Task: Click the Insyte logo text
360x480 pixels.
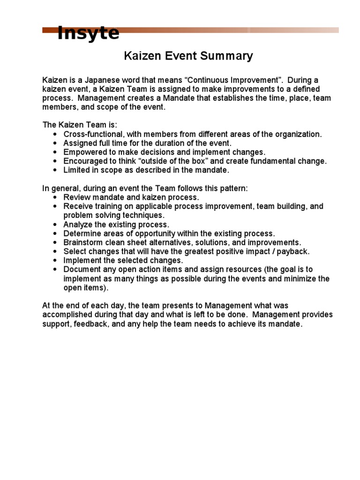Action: (x=88, y=34)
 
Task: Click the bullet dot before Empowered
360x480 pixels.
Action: (x=55, y=152)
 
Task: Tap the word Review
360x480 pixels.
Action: (x=77, y=197)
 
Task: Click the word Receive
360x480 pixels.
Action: (x=78, y=206)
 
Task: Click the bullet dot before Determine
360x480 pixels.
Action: (x=55, y=233)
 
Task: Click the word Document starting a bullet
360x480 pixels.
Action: (x=82, y=270)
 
